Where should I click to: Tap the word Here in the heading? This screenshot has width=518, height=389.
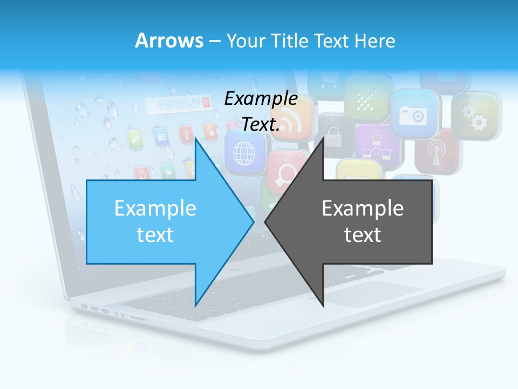point(376,41)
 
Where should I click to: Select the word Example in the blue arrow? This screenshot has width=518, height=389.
point(155,208)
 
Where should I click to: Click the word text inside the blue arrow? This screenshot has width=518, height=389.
point(155,235)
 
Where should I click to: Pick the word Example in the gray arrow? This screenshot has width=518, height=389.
point(363,208)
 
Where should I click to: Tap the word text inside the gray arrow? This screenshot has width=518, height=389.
point(363,235)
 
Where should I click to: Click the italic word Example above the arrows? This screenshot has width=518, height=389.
point(261,98)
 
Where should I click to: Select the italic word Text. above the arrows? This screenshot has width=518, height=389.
point(261,125)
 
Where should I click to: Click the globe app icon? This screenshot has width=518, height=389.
point(244,153)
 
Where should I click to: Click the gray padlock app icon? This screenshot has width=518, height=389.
point(333,133)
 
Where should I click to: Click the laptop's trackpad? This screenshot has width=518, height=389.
point(372,294)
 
